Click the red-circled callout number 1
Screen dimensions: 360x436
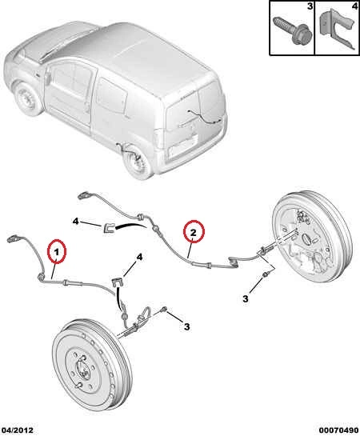point(57,253)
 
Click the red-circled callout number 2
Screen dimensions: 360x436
point(194,233)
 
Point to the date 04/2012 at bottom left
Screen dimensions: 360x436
point(17,430)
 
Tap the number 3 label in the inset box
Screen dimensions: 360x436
point(310,6)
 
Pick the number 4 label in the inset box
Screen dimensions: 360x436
point(355,6)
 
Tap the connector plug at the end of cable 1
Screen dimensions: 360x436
point(14,239)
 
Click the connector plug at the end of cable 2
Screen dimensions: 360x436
point(85,196)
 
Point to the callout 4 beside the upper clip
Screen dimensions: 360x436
point(75,222)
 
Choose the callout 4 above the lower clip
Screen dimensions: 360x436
point(139,258)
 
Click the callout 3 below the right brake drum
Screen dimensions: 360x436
point(245,299)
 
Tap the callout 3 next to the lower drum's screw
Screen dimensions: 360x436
point(187,326)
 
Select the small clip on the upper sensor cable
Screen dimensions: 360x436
point(110,227)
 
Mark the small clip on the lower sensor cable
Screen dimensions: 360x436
point(118,282)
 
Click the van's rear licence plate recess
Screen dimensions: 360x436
point(184,148)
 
